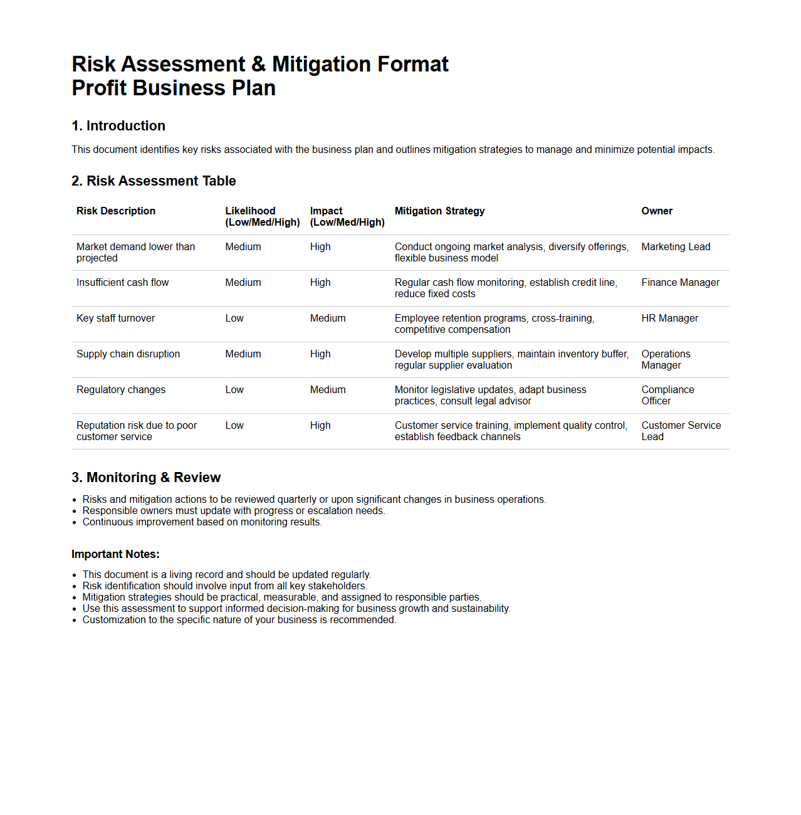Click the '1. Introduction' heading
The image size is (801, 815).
tap(118, 126)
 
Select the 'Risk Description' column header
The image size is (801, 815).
tap(116, 211)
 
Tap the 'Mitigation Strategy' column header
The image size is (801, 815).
tap(439, 211)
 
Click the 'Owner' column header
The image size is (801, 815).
tap(657, 211)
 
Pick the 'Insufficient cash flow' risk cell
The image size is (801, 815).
tap(123, 283)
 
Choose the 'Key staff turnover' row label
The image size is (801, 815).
tap(115, 318)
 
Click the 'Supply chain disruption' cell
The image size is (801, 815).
tap(128, 354)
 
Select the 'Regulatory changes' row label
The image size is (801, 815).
tap(121, 390)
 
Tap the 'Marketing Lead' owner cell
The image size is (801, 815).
tap(676, 247)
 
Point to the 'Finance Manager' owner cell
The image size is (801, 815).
tap(680, 283)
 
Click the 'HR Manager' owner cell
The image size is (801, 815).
tap(669, 318)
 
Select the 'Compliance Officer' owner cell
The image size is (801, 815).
tap(667, 395)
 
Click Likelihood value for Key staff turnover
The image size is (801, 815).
tap(234, 318)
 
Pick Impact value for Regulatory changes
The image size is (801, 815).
tap(328, 390)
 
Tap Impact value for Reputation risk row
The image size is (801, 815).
tap(320, 426)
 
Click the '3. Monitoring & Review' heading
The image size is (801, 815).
tap(146, 478)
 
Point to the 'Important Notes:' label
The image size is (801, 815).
tap(115, 554)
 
